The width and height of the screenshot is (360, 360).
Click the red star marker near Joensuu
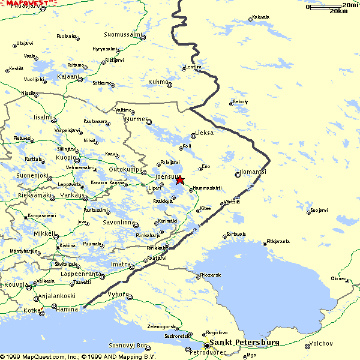180,179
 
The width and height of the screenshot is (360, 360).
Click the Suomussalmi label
122,34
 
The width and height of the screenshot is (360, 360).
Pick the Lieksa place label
204,133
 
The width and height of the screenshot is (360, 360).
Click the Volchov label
320,344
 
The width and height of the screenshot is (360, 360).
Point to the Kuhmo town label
158,82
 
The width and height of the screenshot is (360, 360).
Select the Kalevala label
261,17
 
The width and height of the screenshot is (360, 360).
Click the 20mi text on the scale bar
350,5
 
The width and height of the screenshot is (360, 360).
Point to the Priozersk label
211,275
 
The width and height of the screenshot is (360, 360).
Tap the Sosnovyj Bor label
128,346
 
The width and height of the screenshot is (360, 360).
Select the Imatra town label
121,264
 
